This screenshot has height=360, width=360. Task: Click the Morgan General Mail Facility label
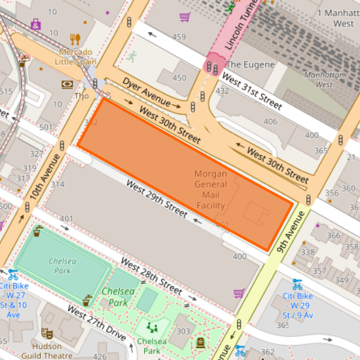click(x=211, y=190)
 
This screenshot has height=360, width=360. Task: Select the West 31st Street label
click(x=251, y=90)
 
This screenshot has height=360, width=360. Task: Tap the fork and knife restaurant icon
click(x=75, y=39)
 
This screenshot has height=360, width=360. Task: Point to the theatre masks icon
click(x=46, y=333)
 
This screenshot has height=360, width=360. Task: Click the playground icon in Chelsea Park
click(x=153, y=327)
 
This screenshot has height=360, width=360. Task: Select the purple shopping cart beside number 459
click(x=185, y=17)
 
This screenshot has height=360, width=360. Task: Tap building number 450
click(x=179, y=78)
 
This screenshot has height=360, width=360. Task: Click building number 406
click(x=270, y=122)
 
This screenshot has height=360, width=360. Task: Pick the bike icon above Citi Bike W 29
click(x=298, y=285)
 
